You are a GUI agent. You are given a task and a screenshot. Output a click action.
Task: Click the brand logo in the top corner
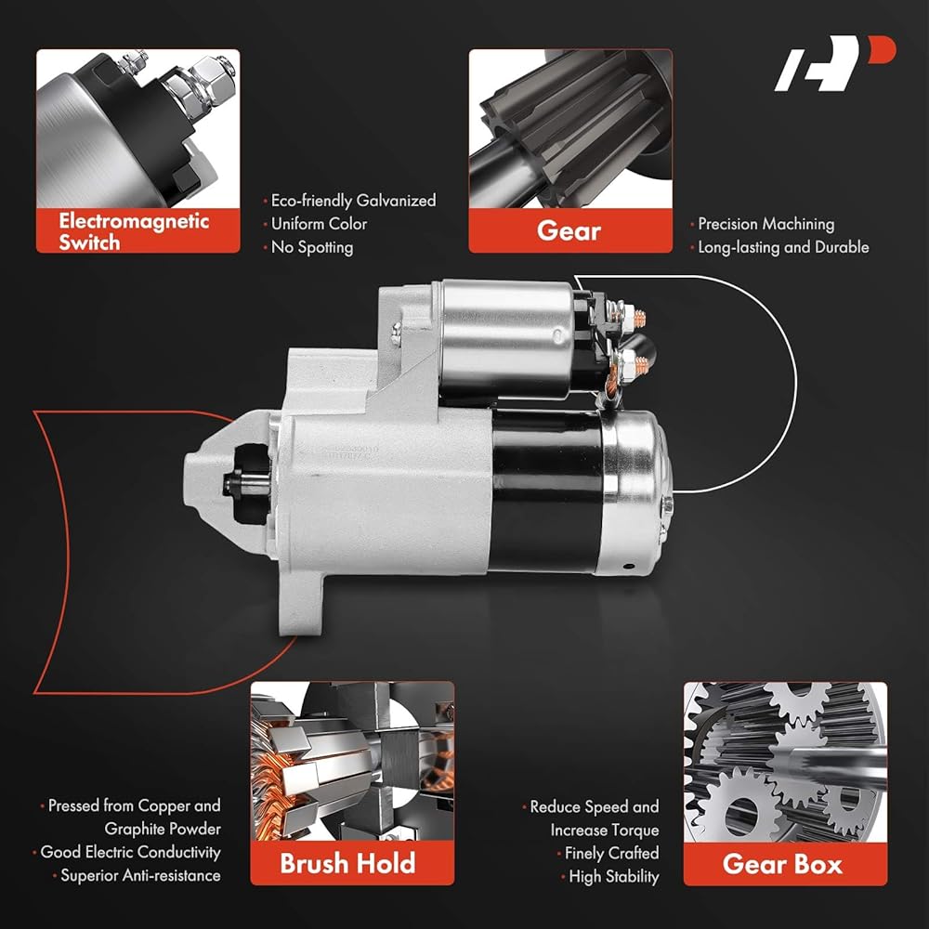point(834,63)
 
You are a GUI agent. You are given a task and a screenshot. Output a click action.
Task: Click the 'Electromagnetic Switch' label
point(134,231)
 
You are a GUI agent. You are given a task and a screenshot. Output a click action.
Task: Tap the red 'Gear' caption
point(569,230)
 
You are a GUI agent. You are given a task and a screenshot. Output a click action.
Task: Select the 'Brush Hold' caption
point(347,863)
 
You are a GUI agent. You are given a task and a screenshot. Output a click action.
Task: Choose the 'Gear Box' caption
point(782,864)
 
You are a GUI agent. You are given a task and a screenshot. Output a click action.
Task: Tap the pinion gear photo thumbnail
point(570,128)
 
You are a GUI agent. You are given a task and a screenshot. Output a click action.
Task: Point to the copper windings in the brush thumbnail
point(279,788)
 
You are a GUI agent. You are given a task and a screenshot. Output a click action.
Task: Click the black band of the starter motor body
point(546,491)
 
